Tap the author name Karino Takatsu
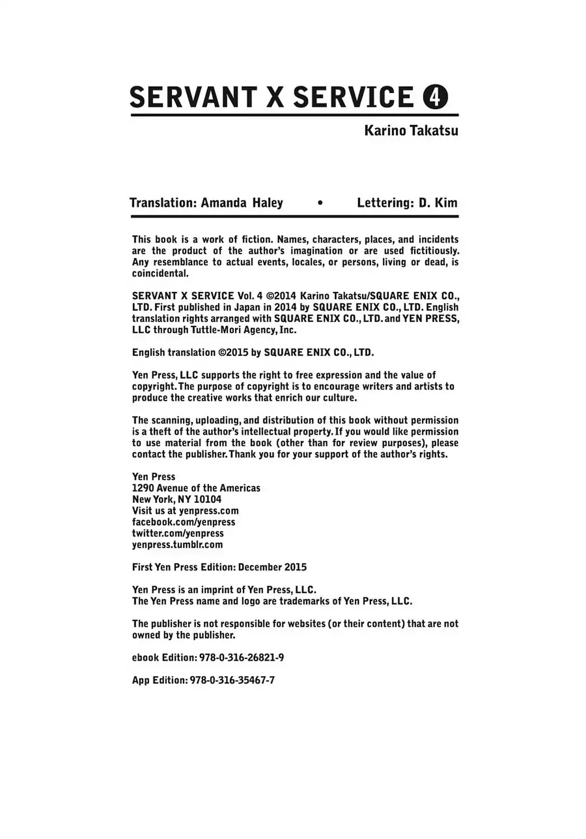click(x=411, y=130)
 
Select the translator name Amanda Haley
click(x=242, y=202)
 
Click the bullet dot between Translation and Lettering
click(x=320, y=203)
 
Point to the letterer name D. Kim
click(x=438, y=202)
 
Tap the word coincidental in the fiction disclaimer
click(x=160, y=274)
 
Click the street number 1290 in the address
click(x=143, y=488)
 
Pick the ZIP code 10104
click(x=208, y=499)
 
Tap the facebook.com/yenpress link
click(x=184, y=522)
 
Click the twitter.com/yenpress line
click(x=178, y=533)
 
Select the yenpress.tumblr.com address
click(x=177, y=544)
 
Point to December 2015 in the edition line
click(x=273, y=567)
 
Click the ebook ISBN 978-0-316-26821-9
click(x=241, y=658)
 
